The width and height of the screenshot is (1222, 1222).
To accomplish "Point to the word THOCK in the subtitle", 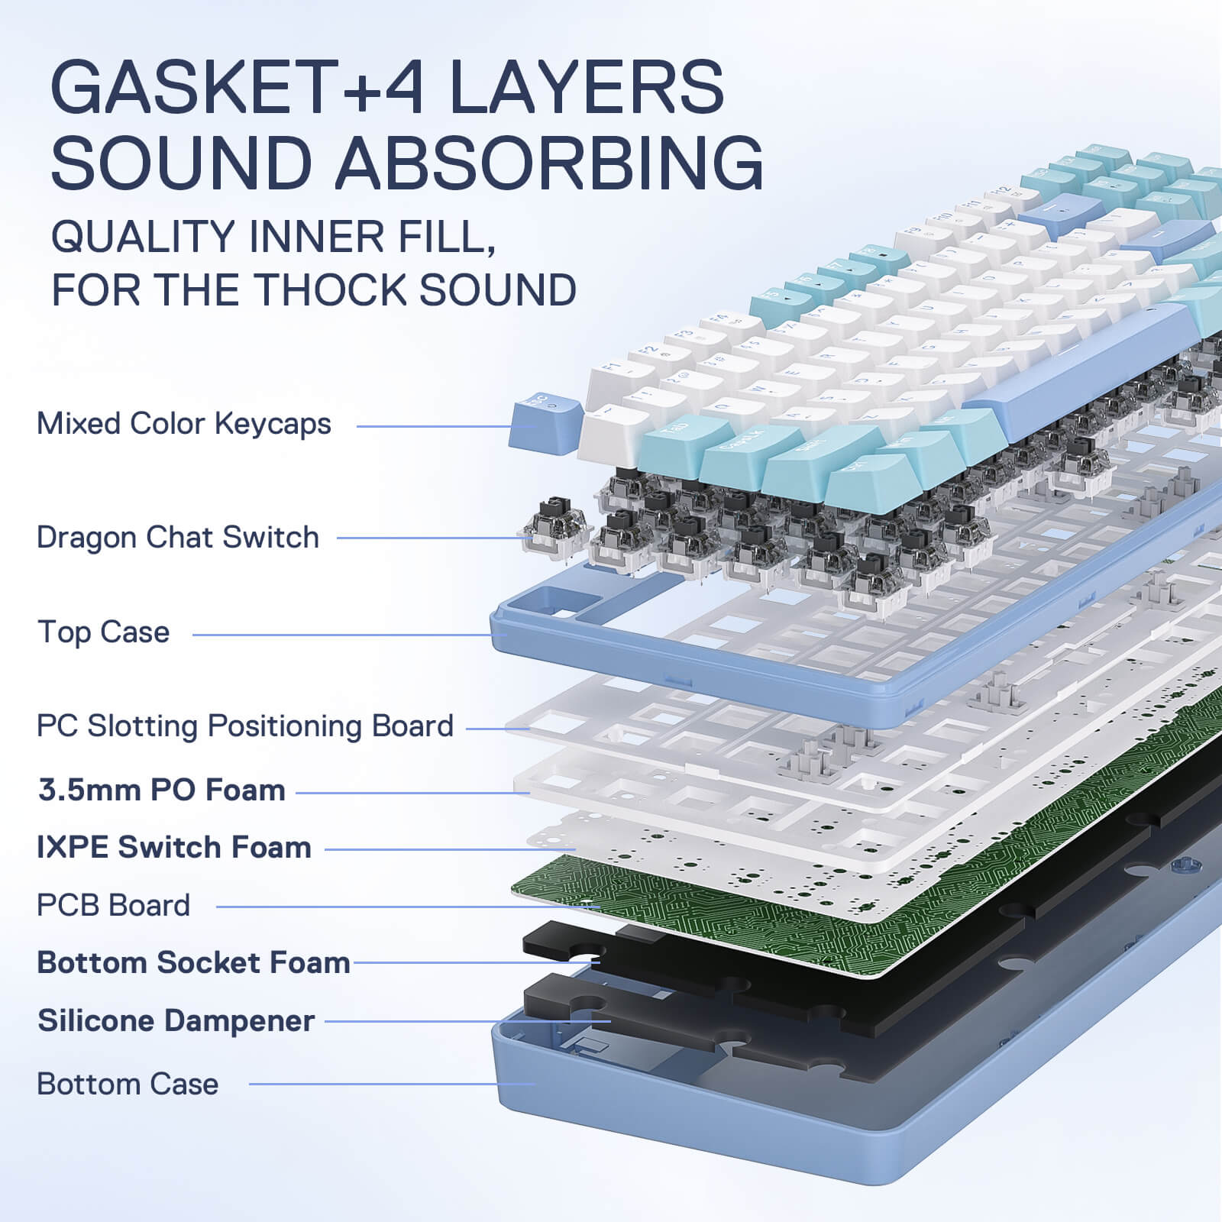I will (330, 290).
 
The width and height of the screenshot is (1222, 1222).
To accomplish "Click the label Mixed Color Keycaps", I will (184, 424).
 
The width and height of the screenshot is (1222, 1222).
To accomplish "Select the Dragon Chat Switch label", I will (178, 538).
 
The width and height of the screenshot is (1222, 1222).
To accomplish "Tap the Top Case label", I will (104, 632).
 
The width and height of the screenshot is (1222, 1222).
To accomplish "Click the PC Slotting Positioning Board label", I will (245, 726).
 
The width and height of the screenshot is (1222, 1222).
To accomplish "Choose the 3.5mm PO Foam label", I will (162, 790).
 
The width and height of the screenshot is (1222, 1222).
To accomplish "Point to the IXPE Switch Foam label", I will (174, 848).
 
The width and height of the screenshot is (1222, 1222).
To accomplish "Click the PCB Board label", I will (113, 906).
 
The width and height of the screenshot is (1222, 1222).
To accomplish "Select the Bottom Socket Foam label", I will (193, 963).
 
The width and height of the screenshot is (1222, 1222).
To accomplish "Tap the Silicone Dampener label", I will (176, 1021).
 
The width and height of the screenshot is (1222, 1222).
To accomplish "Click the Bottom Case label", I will (128, 1085).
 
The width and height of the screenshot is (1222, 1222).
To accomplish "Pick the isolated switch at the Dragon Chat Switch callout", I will (555, 527).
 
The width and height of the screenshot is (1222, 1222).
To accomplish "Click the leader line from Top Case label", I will (344, 635).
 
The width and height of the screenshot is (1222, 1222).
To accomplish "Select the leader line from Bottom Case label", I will (390, 1084).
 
